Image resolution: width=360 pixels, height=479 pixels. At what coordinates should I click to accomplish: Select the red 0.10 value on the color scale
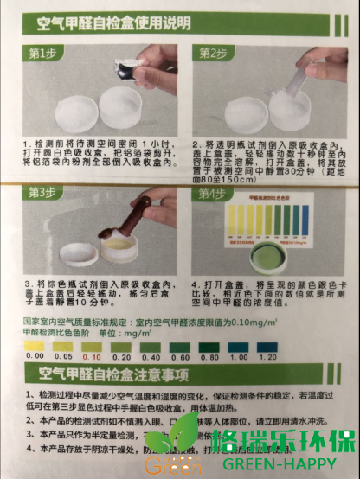click(x=90, y=356)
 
